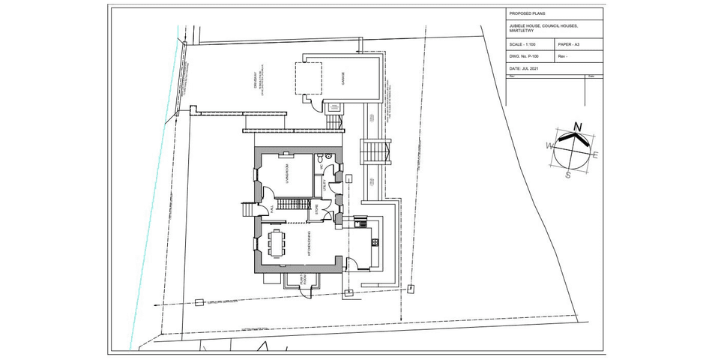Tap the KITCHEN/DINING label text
[307, 244]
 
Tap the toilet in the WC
[320, 159]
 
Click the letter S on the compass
[568, 175]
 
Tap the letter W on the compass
[549, 144]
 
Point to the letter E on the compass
[595, 155]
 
